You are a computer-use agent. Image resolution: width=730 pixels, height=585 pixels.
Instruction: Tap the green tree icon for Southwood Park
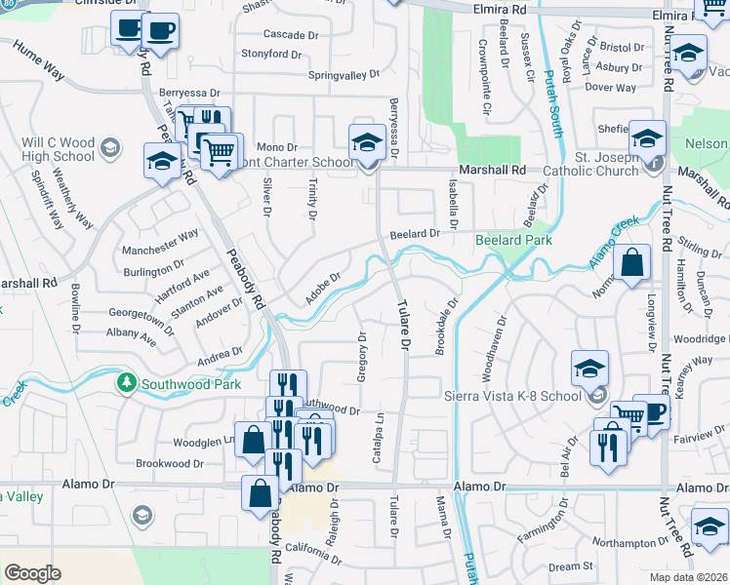tap(125, 382)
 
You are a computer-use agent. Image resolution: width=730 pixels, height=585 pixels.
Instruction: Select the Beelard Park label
tap(513, 240)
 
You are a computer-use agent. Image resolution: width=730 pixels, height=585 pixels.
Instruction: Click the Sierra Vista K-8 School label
tap(501, 395)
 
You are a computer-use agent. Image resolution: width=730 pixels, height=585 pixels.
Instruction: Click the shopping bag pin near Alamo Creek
tap(632, 263)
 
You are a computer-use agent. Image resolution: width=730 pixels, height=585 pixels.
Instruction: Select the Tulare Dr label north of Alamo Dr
tap(402, 324)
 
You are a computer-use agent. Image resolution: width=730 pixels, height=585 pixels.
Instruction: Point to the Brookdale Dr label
tap(445, 329)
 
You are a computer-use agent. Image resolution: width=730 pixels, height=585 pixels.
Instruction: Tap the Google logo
tap(33, 573)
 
